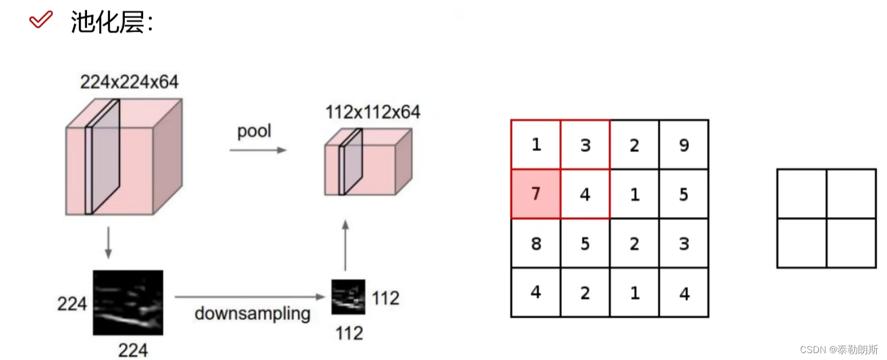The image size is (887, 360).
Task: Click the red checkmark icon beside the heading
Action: [41, 21]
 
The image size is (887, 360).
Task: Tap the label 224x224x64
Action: [129, 82]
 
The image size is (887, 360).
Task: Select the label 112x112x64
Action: [373, 112]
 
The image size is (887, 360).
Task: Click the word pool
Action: [254, 131]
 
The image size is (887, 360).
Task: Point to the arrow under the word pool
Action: [258, 150]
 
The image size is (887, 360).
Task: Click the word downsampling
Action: [252, 314]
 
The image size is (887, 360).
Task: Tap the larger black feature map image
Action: [128, 302]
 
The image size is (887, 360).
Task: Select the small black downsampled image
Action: [348, 296]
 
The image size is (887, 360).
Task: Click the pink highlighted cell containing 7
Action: [536, 194]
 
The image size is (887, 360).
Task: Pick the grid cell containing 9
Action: [684, 145]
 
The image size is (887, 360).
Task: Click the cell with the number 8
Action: [536, 244]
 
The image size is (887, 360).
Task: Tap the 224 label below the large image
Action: [133, 349]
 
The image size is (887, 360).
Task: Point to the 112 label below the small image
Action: [349, 333]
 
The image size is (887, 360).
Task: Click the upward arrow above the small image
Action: [345, 244]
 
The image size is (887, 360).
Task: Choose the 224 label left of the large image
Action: [72, 304]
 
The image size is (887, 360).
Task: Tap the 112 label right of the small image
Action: [385, 298]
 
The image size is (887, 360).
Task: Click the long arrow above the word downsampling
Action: [250, 296]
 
